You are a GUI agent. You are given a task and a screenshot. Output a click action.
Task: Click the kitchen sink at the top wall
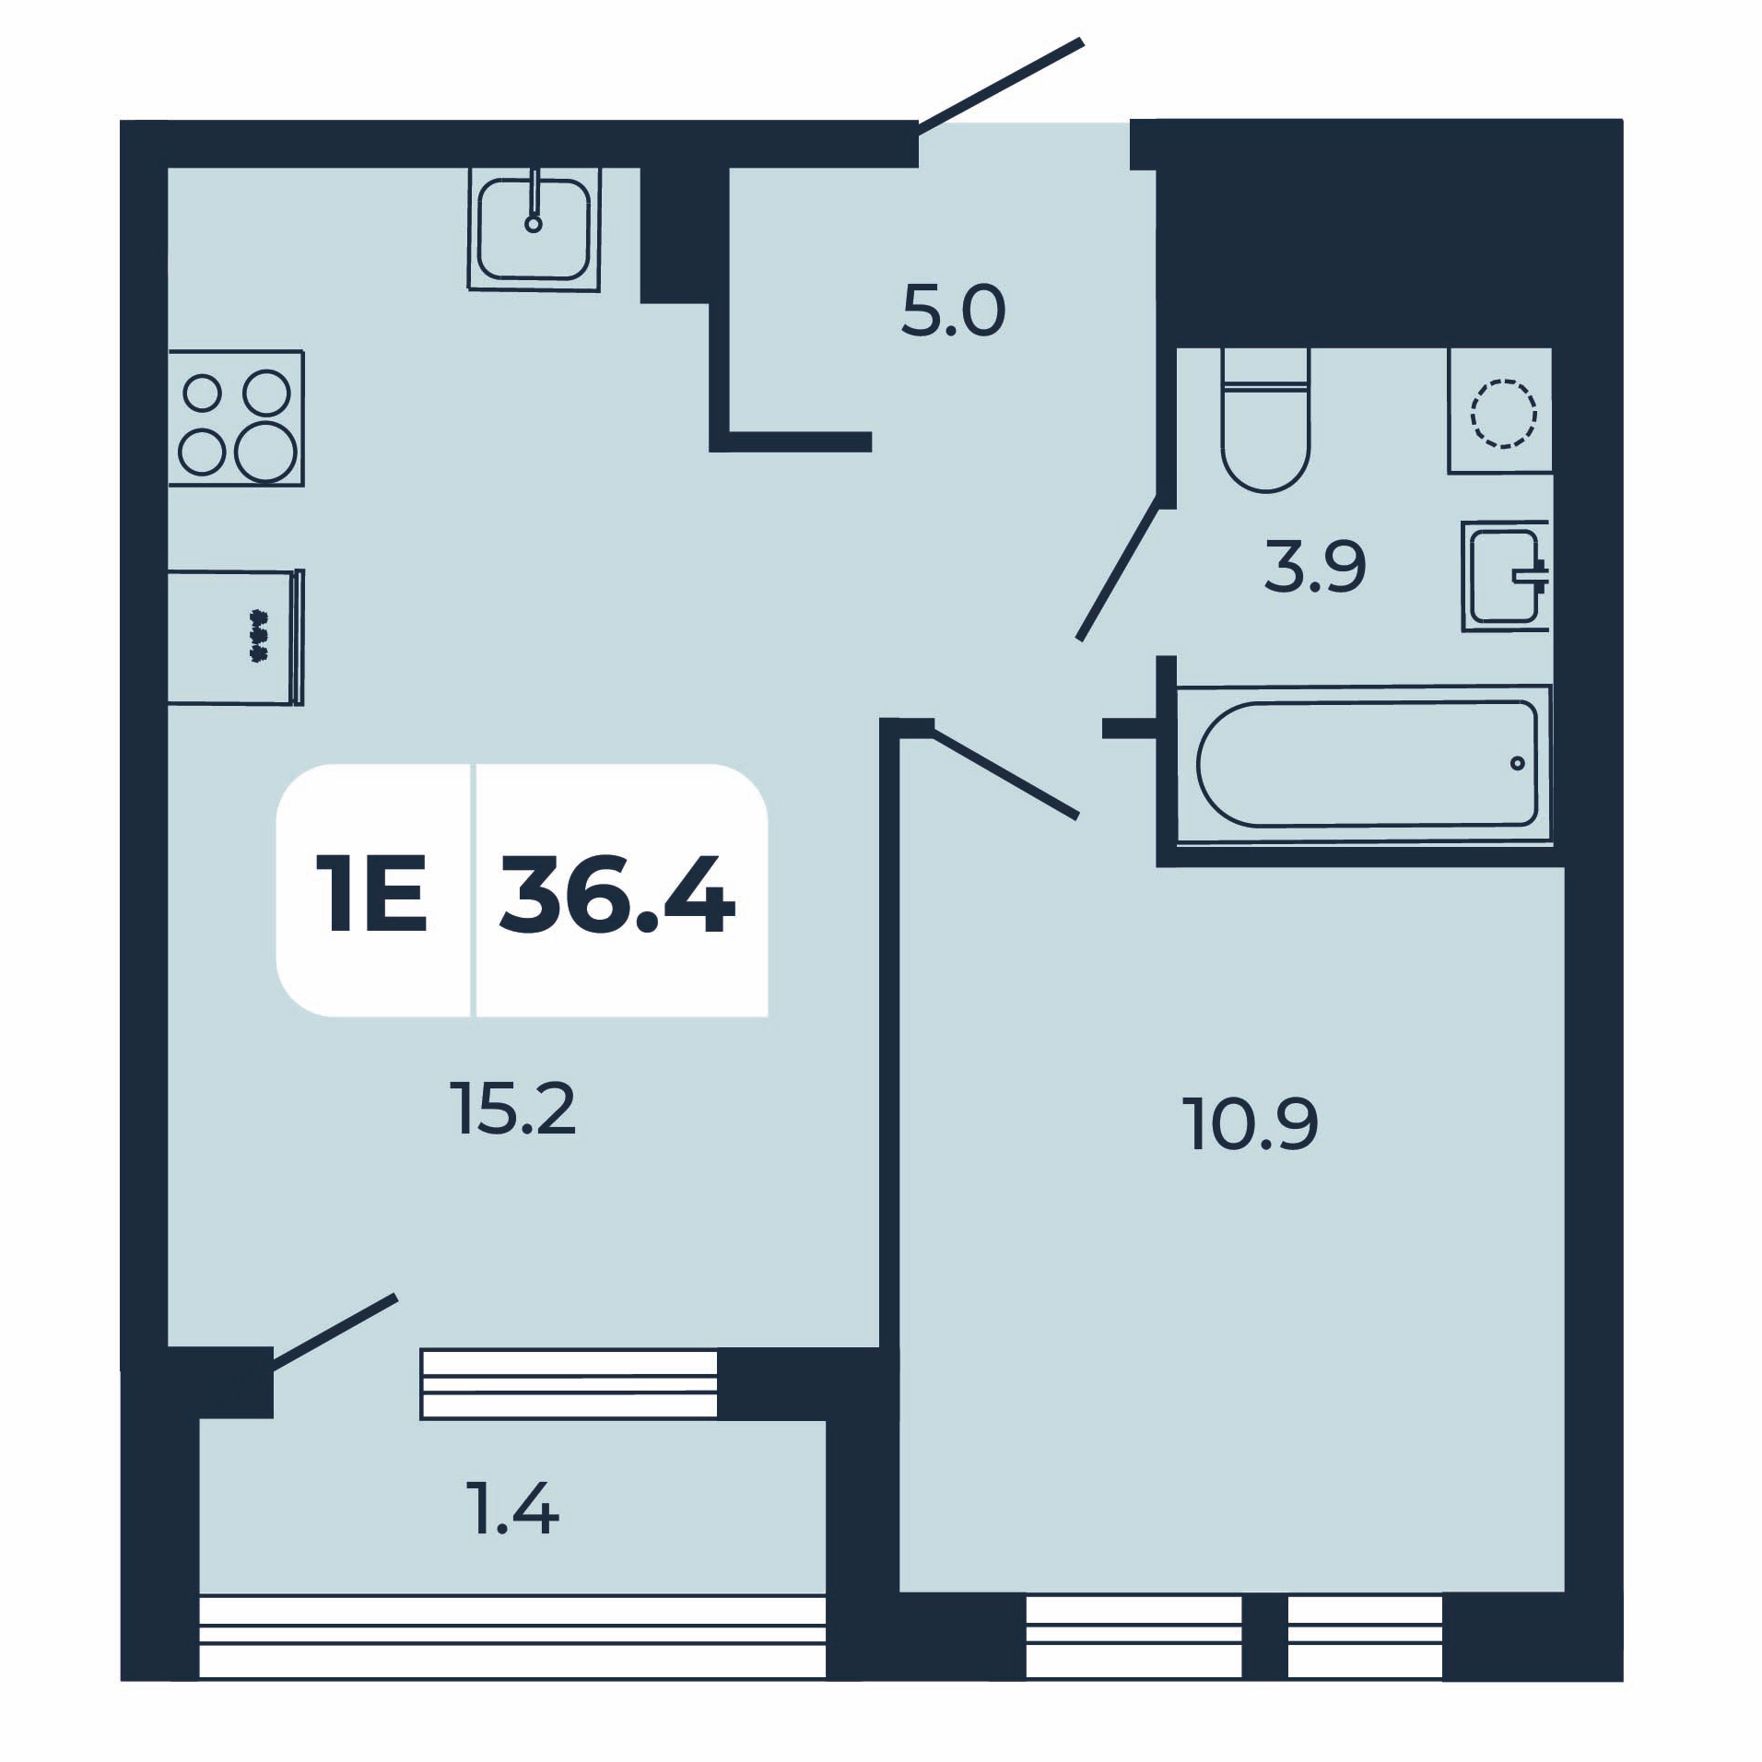534,229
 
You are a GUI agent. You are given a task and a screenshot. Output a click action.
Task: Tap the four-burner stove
236,418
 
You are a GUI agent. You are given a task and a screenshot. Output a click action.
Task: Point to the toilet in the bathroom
1265,419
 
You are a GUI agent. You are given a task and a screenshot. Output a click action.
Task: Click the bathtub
1365,764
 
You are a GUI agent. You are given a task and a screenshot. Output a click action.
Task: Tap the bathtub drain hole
1518,763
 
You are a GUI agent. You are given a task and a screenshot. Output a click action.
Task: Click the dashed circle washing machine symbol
1503,413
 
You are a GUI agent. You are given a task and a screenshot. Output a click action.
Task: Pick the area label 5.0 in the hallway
953,312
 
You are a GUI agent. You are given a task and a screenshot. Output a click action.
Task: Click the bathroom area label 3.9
1315,568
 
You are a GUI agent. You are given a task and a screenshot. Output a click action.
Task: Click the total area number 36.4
617,892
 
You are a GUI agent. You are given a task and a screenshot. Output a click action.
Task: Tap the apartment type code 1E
372,892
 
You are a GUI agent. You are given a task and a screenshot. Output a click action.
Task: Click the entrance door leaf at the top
999,87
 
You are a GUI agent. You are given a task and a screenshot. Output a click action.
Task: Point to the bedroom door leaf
1004,772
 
